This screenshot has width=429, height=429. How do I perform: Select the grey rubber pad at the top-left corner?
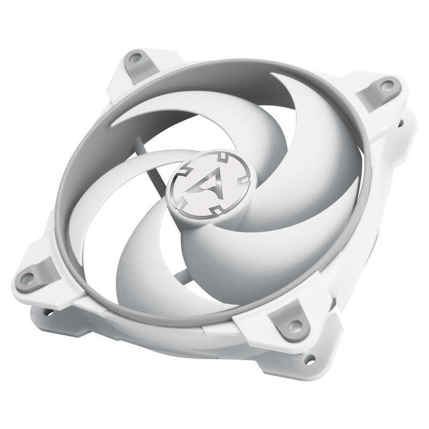coord(135,61)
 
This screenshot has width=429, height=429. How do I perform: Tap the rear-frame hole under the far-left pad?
coord(47,313)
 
